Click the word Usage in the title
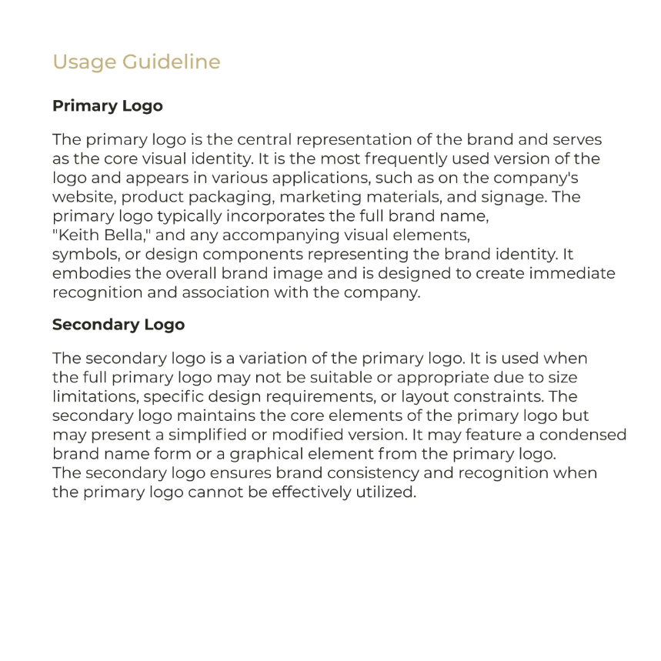point(83,62)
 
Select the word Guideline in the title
point(172,62)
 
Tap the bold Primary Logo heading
point(107,106)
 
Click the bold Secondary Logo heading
point(119,325)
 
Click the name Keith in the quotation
point(78,235)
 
